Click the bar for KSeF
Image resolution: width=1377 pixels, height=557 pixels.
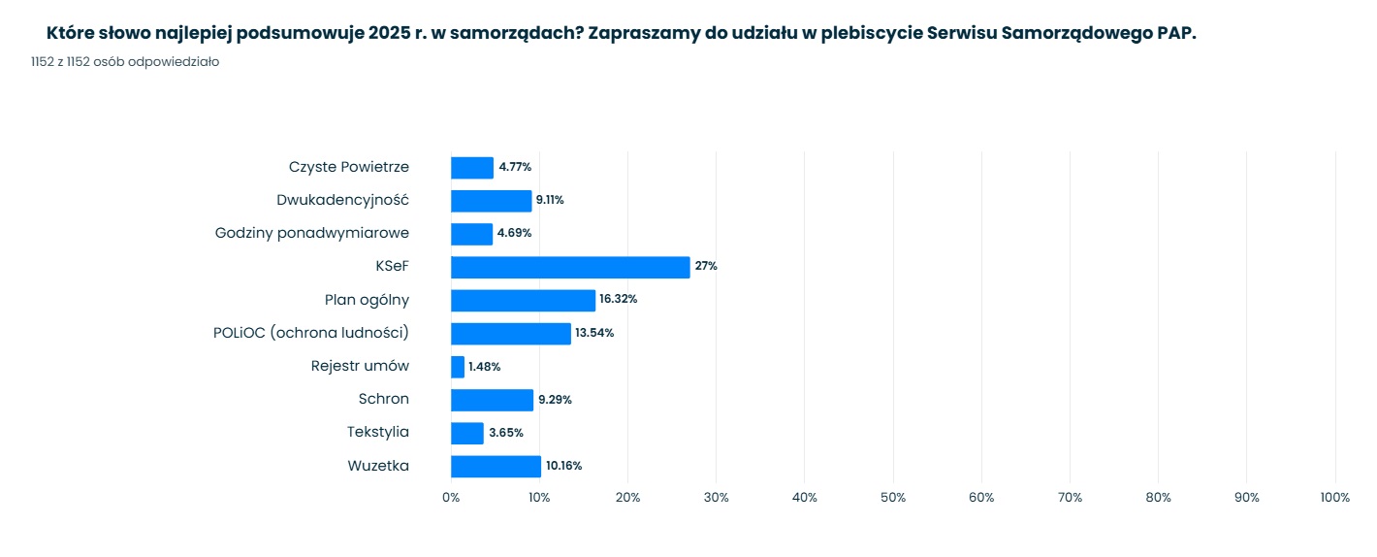point(570,267)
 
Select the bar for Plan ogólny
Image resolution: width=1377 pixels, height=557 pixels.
point(523,300)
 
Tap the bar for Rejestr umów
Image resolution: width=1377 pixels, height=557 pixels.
point(458,367)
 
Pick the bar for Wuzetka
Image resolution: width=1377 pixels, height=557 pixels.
point(496,466)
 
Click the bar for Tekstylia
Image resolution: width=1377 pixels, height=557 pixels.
point(467,433)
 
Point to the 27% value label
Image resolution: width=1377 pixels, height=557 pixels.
point(706,267)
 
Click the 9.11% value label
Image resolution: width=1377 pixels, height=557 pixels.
point(550,201)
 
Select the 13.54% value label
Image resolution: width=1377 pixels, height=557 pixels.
point(594,334)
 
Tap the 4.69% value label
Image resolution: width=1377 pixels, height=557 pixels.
point(514,234)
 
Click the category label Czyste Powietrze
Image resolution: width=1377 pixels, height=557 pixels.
point(349,167)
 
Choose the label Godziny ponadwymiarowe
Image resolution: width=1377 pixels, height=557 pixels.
point(312,233)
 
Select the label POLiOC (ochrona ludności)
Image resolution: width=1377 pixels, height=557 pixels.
point(311,333)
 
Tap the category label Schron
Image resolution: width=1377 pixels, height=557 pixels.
point(384,399)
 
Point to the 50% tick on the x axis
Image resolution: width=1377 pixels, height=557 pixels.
point(893,498)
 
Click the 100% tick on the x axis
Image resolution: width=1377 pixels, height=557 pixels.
point(1334,498)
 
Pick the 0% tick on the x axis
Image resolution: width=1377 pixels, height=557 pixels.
point(451,498)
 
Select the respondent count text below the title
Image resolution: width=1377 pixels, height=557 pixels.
point(125,62)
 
